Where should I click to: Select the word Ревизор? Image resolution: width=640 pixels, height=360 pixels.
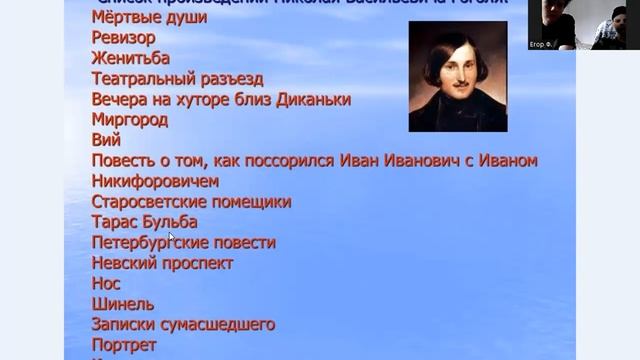click(122, 38)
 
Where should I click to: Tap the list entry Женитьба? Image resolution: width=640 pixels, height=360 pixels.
click(130, 58)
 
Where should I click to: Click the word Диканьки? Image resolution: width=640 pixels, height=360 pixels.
click(315, 100)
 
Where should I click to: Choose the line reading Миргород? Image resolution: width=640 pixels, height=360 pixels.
click(129, 120)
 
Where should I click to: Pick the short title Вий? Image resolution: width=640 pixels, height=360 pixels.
click(105, 140)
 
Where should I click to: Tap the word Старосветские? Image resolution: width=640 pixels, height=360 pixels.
click(149, 202)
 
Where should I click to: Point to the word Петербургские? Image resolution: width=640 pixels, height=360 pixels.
click(149, 243)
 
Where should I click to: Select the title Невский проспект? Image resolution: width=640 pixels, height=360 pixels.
click(162, 263)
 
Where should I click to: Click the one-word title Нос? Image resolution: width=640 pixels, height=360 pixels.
click(105, 284)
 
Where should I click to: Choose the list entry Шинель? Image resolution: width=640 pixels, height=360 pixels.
click(122, 304)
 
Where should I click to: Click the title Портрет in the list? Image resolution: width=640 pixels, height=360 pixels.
click(123, 345)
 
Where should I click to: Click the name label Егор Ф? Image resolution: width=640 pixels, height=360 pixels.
click(540, 45)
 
